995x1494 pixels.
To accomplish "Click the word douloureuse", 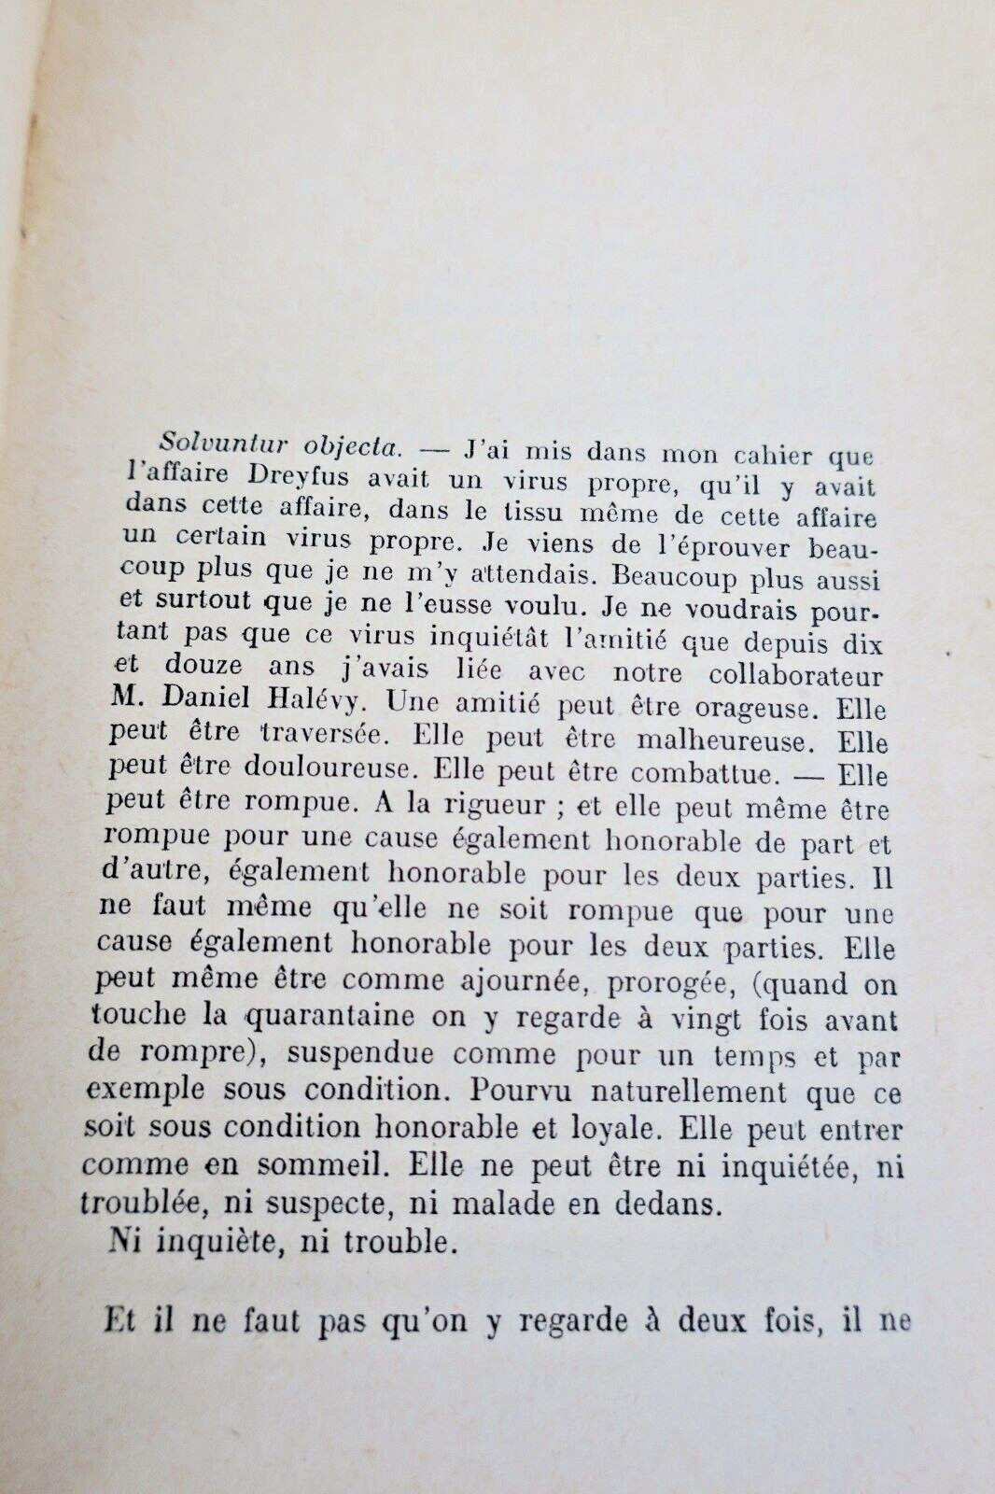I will [339, 770].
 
